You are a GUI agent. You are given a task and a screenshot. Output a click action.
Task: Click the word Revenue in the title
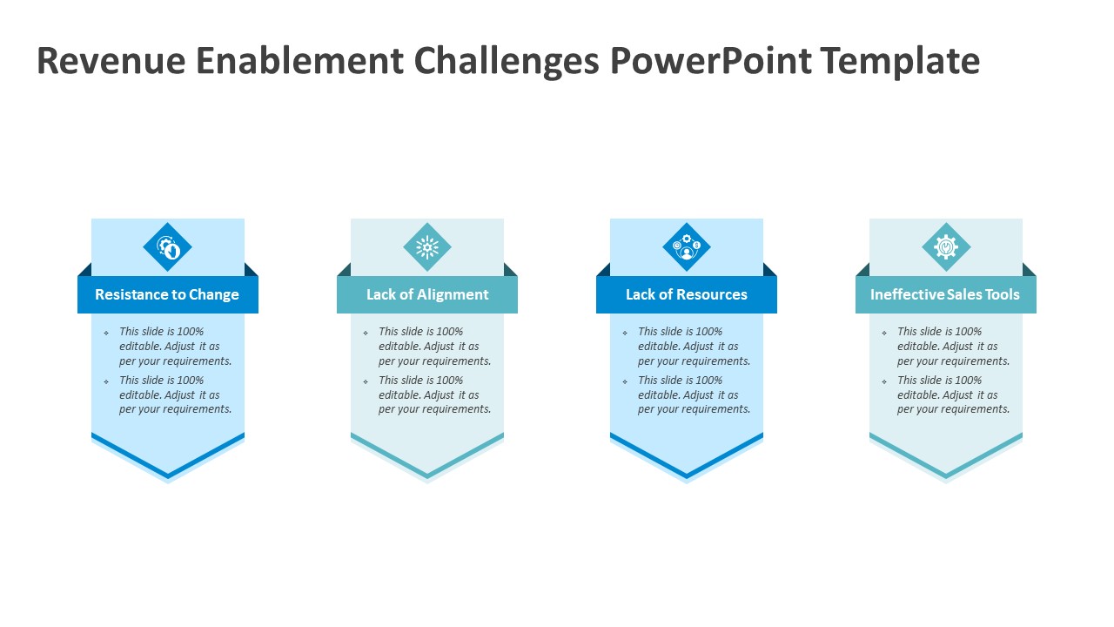(111, 61)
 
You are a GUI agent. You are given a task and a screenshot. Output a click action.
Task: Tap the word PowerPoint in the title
(711, 61)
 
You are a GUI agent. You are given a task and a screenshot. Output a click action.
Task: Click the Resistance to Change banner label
(167, 294)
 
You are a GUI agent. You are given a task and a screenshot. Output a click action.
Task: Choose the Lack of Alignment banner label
(427, 294)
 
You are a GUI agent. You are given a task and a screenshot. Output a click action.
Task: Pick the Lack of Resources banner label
(687, 294)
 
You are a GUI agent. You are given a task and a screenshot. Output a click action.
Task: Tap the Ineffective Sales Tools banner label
(945, 294)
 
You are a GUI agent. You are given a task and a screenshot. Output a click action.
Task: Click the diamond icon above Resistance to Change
(168, 246)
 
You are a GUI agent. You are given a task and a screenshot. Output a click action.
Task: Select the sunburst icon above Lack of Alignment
(427, 246)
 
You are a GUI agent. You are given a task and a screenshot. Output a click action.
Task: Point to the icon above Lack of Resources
(687, 246)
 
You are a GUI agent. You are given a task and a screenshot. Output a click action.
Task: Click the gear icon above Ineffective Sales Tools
(946, 246)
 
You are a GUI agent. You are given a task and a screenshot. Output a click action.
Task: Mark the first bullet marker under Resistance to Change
(106, 333)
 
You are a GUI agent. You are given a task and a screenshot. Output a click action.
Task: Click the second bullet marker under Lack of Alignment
(366, 381)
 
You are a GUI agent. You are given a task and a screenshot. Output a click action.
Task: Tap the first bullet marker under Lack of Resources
(625, 333)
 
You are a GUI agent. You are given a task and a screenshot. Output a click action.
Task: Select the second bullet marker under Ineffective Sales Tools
(883, 381)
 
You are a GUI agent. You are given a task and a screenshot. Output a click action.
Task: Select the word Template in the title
(900, 62)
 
